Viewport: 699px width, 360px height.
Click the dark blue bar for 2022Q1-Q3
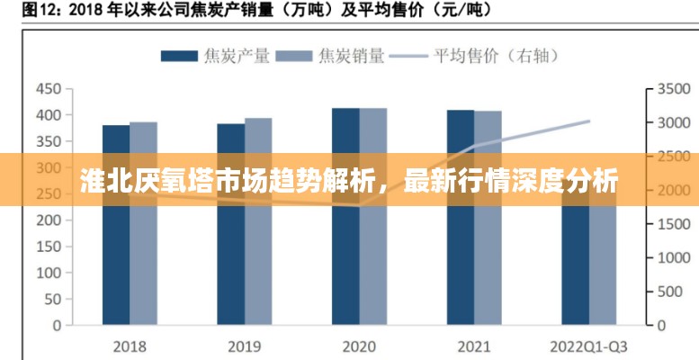point(576,270)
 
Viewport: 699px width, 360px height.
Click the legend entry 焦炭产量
point(215,56)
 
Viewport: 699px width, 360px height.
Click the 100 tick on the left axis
point(49,272)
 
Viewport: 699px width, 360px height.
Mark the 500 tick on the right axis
point(669,291)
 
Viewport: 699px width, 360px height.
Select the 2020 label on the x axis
point(359,346)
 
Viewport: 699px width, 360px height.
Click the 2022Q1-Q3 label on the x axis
point(589,346)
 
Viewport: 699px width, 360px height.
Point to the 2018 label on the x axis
point(130,346)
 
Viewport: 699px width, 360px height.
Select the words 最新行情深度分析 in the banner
point(509,180)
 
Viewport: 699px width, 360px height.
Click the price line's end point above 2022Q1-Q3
point(589,121)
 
